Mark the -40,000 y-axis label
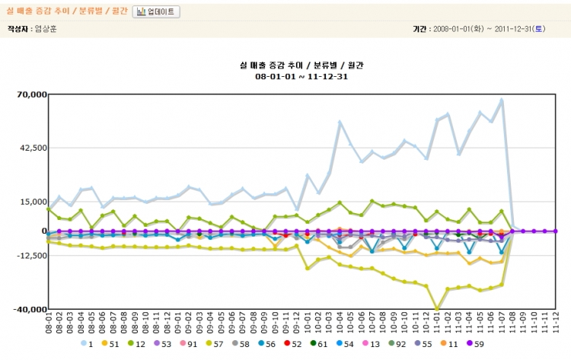[x=29, y=309]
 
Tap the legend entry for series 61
[x=319, y=344]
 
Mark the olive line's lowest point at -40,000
[x=437, y=309]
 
